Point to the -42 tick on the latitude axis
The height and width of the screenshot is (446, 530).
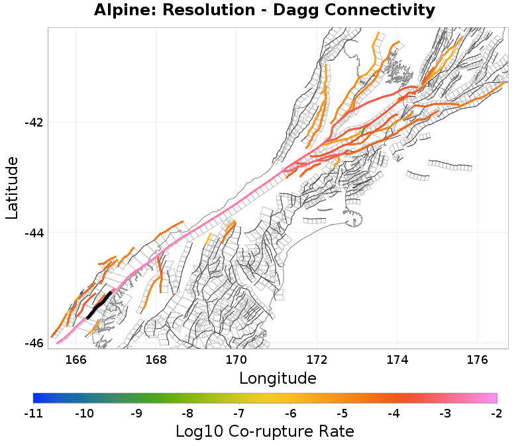34,123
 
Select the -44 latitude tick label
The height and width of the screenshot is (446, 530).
34,233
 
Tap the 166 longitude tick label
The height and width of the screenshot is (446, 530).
76,359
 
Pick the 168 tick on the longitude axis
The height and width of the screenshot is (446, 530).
156,359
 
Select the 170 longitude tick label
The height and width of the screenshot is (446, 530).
237,359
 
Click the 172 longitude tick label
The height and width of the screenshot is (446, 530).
317,359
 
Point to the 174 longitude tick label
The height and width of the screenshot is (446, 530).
397,359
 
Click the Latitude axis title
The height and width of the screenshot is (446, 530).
13,188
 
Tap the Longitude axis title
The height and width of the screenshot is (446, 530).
278,378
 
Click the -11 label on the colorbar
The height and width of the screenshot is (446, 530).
33,414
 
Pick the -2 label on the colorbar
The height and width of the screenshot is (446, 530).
496,414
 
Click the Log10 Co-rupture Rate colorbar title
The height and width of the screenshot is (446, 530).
265,431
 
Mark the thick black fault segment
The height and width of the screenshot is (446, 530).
99,304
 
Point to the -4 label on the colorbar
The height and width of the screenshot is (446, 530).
394,414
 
